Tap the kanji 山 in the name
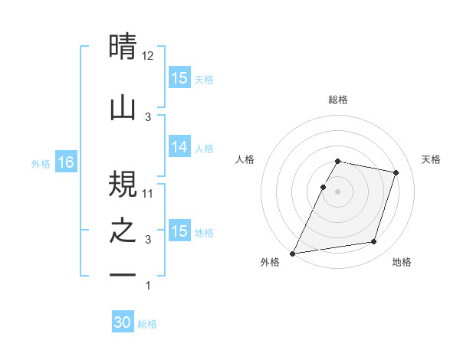point(123,108)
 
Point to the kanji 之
point(123,231)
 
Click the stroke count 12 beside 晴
point(148,55)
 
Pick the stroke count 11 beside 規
point(148,193)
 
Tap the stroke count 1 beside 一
point(148,286)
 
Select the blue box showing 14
point(179,148)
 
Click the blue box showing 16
point(65,162)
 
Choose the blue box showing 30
point(122,323)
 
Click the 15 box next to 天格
point(179,78)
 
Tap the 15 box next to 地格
point(179,231)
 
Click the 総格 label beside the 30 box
point(147,324)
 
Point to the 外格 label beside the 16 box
point(41,163)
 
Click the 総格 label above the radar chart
point(338,100)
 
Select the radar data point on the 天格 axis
point(396,173)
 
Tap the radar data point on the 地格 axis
point(374,242)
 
